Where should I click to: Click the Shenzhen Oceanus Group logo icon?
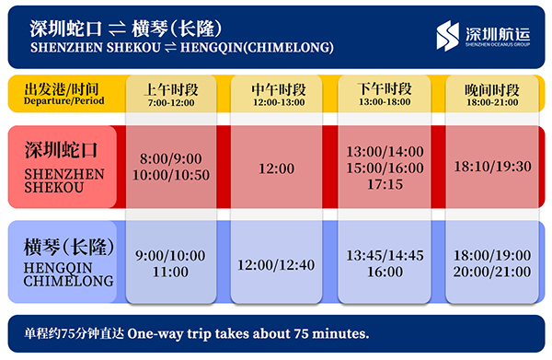point(448,36)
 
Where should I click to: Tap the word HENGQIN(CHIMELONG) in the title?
point(257,48)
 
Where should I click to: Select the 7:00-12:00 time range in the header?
point(171,103)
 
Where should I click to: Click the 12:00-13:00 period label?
point(279,102)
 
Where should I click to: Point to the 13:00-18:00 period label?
point(385,102)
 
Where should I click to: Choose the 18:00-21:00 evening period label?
point(492,102)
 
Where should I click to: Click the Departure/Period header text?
point(64,100)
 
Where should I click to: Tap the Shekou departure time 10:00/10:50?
point(171,175)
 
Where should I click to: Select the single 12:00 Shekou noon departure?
point(276,168)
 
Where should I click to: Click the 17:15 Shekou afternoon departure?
point(385,184)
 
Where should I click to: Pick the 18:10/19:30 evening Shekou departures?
point(492,167)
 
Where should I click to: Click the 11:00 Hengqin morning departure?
point(170,272)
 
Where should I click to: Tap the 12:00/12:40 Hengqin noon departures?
point(276,265)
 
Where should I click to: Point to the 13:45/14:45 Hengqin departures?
point(385,256)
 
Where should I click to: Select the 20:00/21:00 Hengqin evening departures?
point(492,272)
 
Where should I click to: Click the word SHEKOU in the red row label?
point(54,188)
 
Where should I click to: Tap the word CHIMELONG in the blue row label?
point(69,281)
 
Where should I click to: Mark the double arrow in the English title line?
point(170,47)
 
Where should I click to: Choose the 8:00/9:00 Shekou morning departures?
point(171,159)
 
